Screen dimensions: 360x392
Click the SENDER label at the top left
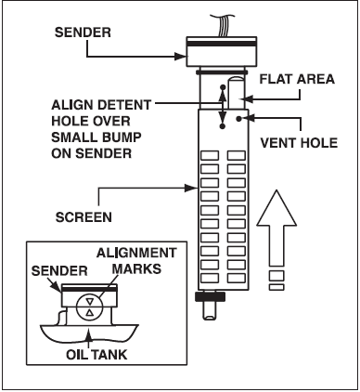point(83,33)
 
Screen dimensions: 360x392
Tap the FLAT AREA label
point(297,79)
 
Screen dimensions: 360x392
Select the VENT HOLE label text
point(299,143)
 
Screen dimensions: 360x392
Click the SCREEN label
point(84,217)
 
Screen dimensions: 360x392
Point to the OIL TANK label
point(96,355)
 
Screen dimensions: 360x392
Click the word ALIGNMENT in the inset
point(136,253)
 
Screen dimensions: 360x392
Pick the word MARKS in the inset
point(136,268)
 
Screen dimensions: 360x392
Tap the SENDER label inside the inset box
point(59,271)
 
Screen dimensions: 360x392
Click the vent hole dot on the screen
point(238,118)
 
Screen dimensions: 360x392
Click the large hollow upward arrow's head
point(276,208)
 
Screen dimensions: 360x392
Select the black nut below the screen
point(210,296)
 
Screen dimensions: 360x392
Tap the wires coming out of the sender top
point(223,25)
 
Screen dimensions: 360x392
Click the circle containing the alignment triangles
point(89,307)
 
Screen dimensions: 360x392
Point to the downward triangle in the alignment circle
point(89,301)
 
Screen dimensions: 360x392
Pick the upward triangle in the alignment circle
point(89,312)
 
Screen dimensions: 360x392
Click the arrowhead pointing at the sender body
point(181,57)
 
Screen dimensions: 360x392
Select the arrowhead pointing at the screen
point(191,188)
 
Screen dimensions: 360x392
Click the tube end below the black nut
point(211,310)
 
